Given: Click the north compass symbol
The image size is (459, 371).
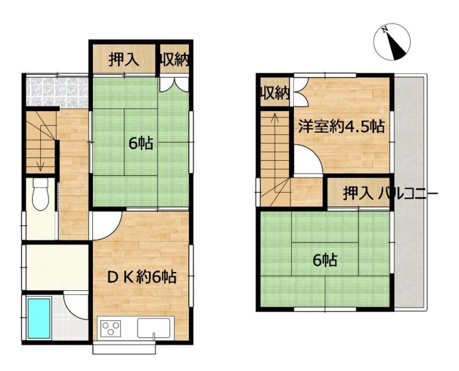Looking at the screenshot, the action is pos(392,42).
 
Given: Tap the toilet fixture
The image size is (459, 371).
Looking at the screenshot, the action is pos(40,194).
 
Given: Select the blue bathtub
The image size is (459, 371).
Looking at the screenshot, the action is pos(38,318).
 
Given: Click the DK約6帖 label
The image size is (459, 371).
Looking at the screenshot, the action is pos(142,277).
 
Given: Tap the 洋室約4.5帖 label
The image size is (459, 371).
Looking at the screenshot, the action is pos(341,127).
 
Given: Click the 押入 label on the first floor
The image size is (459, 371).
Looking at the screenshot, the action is pos(124,60).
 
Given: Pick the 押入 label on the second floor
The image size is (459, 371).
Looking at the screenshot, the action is pos(358,194).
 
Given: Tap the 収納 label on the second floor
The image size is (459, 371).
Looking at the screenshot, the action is pos(275,93).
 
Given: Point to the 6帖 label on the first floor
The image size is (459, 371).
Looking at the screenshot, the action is pos(141,144).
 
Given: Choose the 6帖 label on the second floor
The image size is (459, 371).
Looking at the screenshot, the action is pos(325,261).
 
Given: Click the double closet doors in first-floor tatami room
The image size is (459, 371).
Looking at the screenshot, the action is pos(174,84).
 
